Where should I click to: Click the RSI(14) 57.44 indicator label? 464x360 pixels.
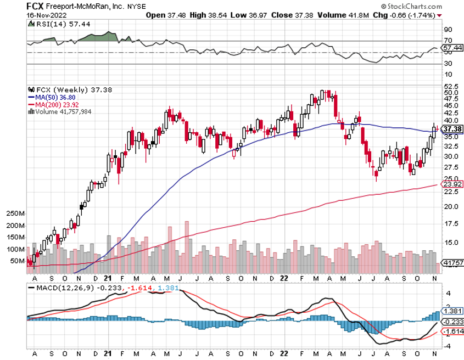point(52,25)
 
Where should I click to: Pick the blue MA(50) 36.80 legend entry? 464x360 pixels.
point(55,96)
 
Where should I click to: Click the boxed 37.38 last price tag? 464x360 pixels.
point(454,128)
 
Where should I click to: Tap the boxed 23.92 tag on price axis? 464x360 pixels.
point(454,184)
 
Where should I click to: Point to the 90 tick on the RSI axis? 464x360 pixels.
point(448,29)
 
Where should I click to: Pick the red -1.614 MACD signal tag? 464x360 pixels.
point(454,332)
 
